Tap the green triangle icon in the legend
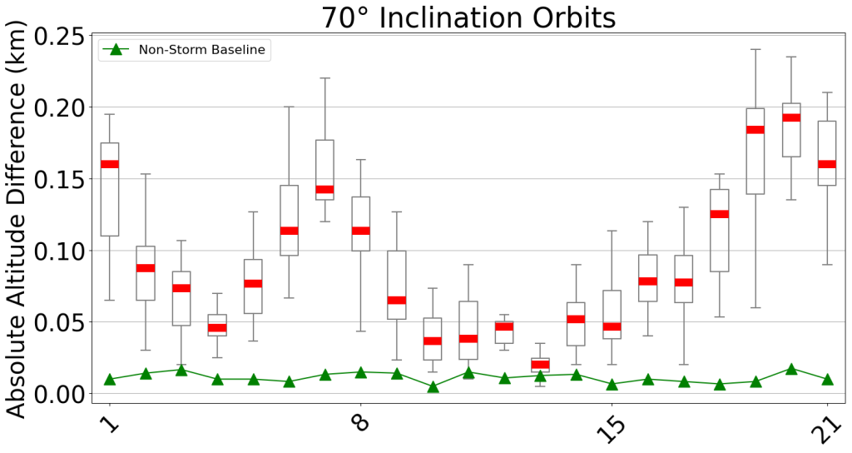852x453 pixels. click(x=116, y=50)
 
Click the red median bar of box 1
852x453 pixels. click(x=109, y=164)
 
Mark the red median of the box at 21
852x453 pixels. click(x=827, y=164)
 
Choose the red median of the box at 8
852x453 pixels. click(x=360, y=231)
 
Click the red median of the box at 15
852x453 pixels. click(x=612, y=326)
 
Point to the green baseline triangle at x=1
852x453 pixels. click(x=109, y=380)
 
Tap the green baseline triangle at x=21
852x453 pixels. click(x=827, y=380)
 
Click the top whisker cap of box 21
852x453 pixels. click(x=827, y=92)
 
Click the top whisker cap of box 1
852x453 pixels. click(x=109, y=114)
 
